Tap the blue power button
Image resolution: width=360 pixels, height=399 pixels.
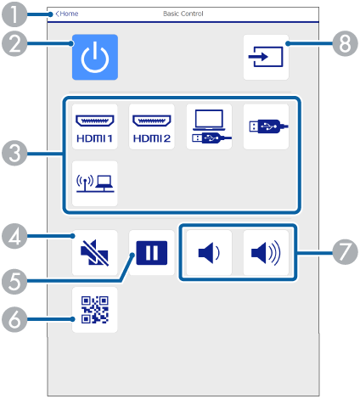tap(95, 57)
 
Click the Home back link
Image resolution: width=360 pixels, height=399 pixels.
tap(67, 14)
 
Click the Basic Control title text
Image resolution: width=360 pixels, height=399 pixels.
tap(183, 14)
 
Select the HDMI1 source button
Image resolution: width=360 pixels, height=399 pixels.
tap(95, 126)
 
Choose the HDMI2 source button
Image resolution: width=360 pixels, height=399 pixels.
tap(152, 126)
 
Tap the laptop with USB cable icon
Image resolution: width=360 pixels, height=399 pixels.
tap(209, 126)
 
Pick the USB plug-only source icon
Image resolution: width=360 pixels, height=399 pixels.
tap(266, 126)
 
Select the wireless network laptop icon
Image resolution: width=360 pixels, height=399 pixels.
tap(95, 183)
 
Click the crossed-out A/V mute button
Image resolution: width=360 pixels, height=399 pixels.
tap(95, 252)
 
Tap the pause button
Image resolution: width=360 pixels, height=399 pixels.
tap(152, 252)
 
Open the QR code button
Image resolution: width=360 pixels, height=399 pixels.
tap(95, 310)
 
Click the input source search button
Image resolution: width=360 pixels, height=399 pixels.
tap(266, 57)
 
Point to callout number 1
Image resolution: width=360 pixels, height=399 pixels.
tap(14, 14)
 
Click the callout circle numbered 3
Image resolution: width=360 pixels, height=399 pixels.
tap(14, 154)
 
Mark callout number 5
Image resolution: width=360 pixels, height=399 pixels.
tap(14, 282)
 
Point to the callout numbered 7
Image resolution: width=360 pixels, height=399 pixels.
tap(345, 251)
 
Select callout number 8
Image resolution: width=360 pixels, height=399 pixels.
tap(345, 43)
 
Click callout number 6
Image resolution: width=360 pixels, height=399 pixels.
tap(14, 319)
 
